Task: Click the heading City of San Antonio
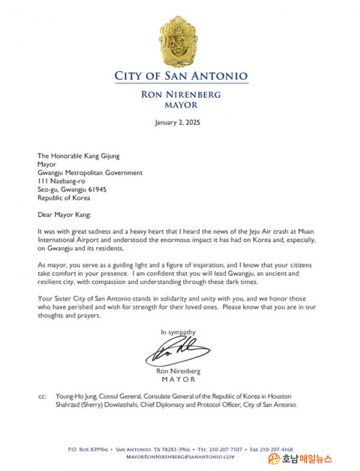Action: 181,76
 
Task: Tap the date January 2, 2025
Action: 177,123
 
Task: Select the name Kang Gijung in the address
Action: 103,156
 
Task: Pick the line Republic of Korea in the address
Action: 64,198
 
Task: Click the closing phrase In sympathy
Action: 178,332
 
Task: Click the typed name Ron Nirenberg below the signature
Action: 178,372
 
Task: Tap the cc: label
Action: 42,396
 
